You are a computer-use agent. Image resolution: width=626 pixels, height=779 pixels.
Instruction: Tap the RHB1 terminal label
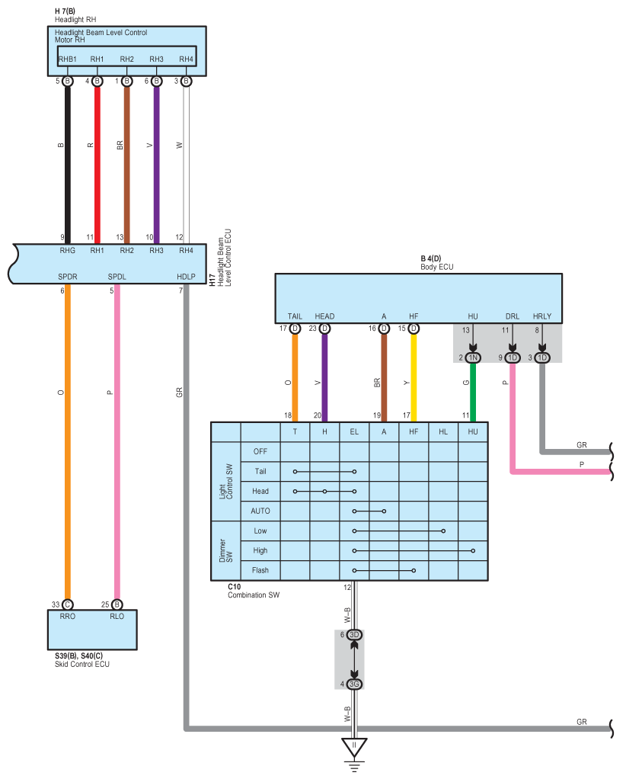(x=68, y=59)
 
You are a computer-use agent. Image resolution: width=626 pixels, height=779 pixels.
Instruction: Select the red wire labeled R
(x=97, y=160)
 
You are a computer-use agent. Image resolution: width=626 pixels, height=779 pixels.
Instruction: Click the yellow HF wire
(x=414, y=377)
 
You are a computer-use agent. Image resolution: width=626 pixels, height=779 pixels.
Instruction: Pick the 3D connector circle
(x=354, y=635)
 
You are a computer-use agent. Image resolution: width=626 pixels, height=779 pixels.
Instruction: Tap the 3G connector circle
(x=354, y=684)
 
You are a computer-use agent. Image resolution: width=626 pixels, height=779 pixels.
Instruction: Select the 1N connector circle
(x=473, y=357)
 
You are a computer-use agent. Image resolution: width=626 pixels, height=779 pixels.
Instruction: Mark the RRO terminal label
(x=67, y=617)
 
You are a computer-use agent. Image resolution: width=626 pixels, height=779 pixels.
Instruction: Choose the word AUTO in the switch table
(x=260, y=511)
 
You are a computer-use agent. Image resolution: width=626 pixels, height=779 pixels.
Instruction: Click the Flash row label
(x=260, y=570)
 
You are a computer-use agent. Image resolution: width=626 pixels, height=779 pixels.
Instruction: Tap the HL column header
(x=443, y=431)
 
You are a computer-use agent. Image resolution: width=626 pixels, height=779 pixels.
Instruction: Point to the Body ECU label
(x=436, y=267)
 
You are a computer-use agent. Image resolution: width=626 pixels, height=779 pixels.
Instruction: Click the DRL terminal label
(x=512, y=316)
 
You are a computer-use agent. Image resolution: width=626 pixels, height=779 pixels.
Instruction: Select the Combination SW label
(x=254, y=595)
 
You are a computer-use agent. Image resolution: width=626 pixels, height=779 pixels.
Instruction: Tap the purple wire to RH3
(x=156, y=160)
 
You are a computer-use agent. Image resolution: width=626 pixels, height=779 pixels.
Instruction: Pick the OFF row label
(x=260, y=451)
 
